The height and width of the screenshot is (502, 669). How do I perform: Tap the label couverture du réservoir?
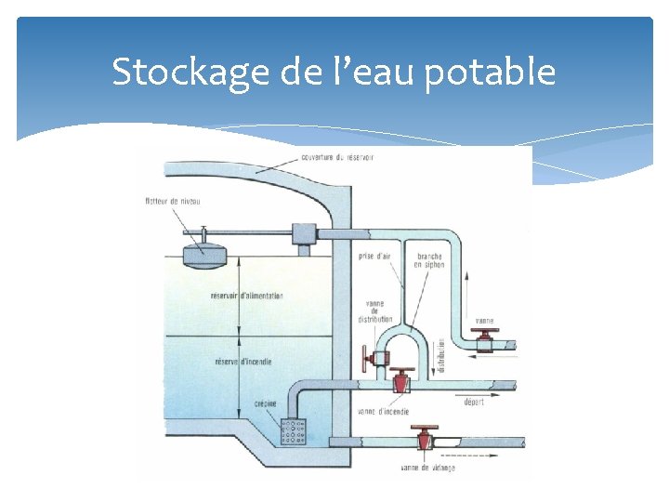(337, 157)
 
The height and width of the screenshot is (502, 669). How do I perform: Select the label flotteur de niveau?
(173, 201)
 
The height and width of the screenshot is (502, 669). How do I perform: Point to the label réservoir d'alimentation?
(247, 296)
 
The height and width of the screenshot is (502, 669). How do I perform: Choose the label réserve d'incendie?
(243, 362)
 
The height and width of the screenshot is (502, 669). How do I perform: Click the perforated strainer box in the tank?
(293, 432)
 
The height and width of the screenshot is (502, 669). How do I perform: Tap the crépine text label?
(266, 404)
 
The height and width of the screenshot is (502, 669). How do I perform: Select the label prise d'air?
(374, 256)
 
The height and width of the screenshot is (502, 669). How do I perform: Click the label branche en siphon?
(429, 260)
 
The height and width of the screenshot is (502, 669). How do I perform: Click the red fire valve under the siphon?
(402, 380)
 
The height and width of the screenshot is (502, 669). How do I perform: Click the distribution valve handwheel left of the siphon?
(370, 358)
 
